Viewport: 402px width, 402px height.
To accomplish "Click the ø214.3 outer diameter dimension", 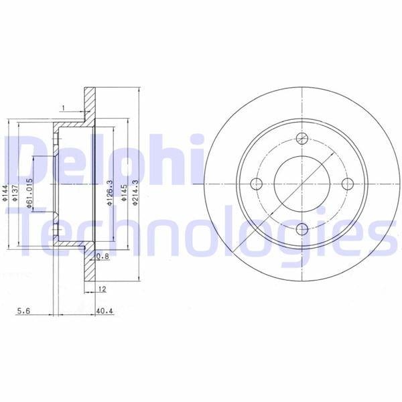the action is pyautogui.click(x=135, y=192).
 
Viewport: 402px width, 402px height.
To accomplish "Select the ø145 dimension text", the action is pyautogui.click(x=124, y=193).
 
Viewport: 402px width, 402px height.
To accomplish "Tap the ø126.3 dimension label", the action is pyautogui.click(x=110, y=193).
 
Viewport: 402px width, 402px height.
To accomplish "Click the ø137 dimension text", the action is pyautogui.click(x=15, y=193).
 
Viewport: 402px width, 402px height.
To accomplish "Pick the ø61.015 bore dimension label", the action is pyautogui.click(x=29, y=193).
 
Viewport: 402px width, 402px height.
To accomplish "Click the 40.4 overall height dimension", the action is pyautogui.click(x=105, y=311).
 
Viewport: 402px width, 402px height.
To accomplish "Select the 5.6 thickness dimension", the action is pyautogui.click(x=23, y=311).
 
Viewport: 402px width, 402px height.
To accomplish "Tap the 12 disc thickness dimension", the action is pyautogui.click(x=102, y=289).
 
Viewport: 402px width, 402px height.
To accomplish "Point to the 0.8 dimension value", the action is pyautogui.click(x=103, y=256).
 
